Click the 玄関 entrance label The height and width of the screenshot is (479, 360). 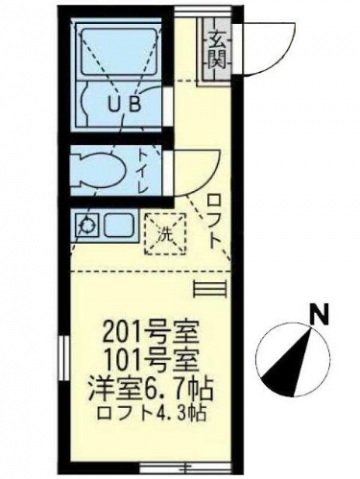point(218,49)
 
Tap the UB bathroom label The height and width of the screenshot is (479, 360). point(124,105)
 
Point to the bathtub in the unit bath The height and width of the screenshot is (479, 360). point(118,52)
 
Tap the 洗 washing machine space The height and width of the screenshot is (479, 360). point(165,234)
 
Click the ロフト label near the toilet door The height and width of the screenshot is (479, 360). point(214,222)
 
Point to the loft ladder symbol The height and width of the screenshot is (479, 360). point(210,289)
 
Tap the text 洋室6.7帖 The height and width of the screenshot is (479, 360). point(150,390)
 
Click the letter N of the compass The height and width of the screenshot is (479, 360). point(320,315)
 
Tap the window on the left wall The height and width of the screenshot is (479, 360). point(64,359)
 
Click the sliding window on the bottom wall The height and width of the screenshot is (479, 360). point(163,467)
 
